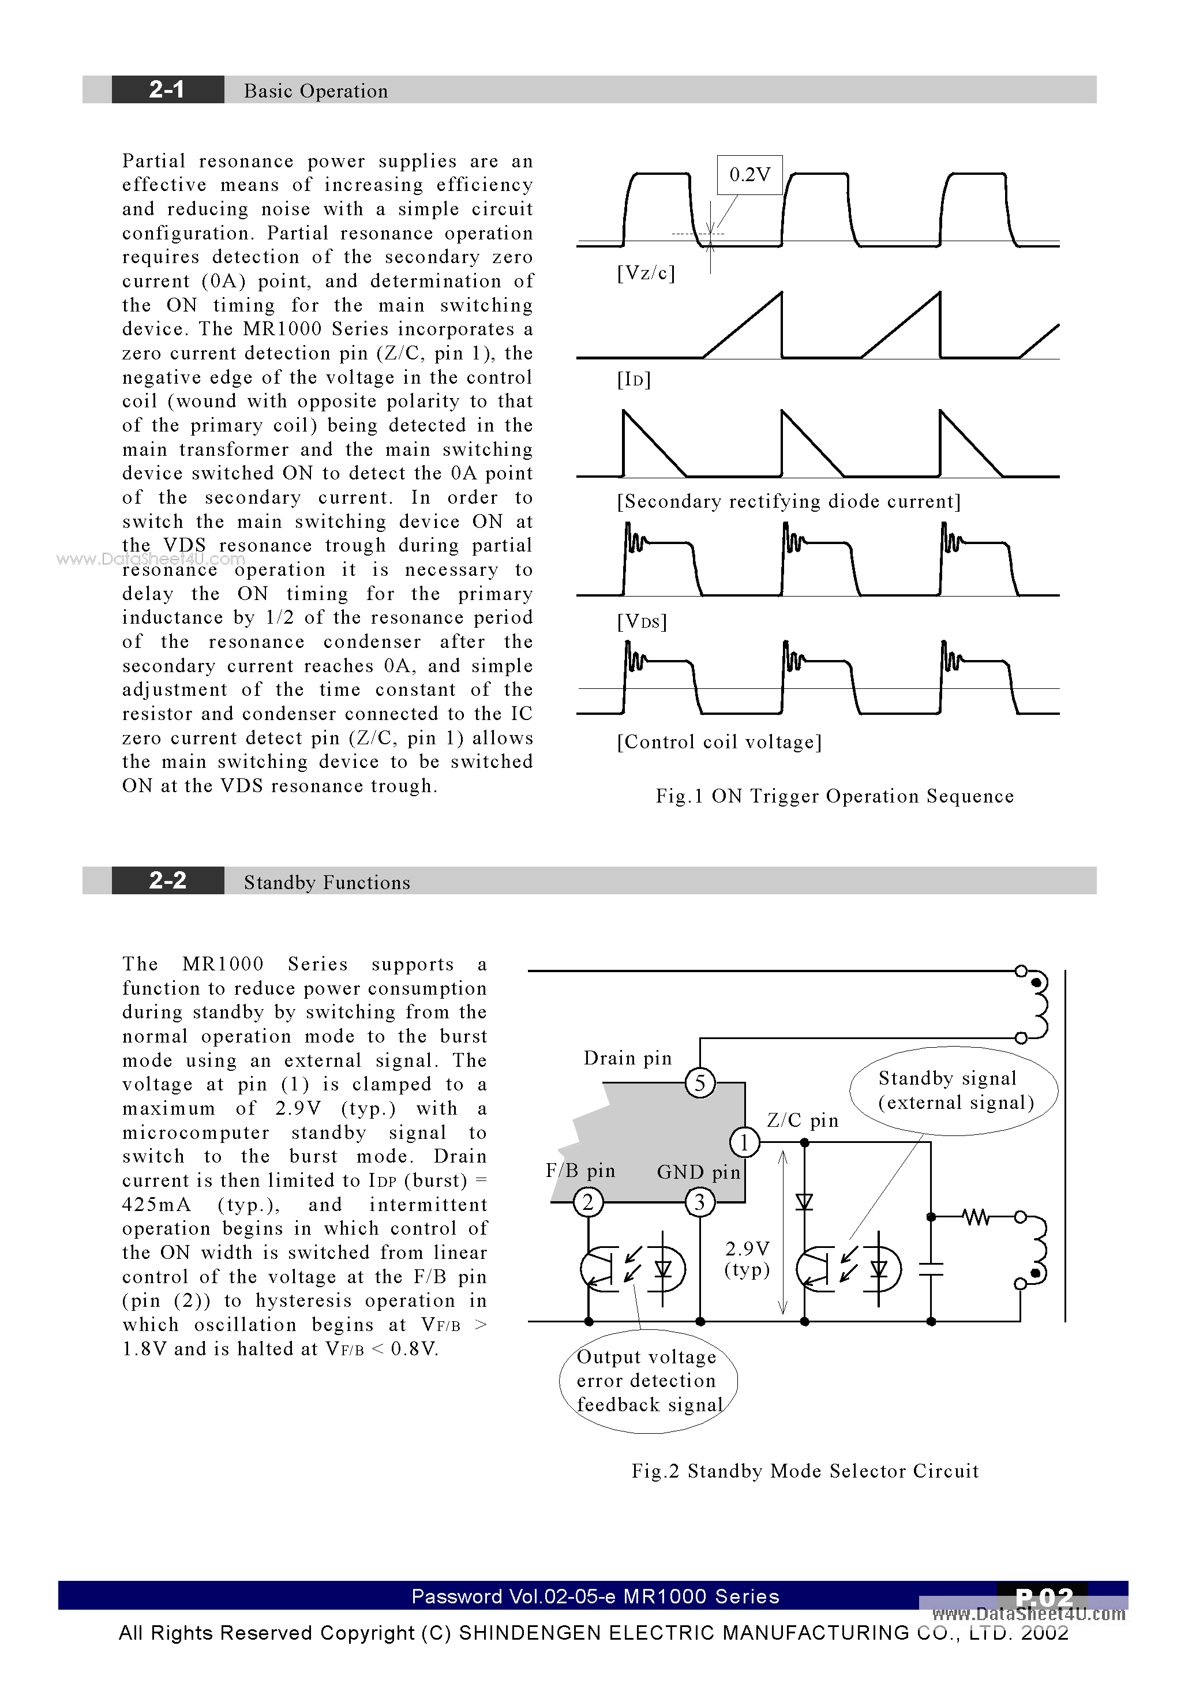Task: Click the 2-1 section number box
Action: coord(167,89)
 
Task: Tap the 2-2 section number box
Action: coord(167,880)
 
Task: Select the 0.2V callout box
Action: coord(749,175)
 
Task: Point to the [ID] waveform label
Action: coord(634,379)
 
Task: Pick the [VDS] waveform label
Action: coord(642,621)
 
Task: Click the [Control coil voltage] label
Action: coord(719,742)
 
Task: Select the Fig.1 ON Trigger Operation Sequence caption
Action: coord(835,796)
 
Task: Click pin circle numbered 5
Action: coord(700,1082)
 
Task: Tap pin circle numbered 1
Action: coord(744,1142)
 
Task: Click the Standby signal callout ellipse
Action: coord(954,1090)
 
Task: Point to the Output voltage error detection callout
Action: coord(647,1381)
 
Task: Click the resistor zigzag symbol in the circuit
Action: coord(976,1217)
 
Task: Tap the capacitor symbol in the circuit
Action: coord(931,1269)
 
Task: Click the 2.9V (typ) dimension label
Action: coord(747,1259)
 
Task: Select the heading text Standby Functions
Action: coord(327,882)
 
